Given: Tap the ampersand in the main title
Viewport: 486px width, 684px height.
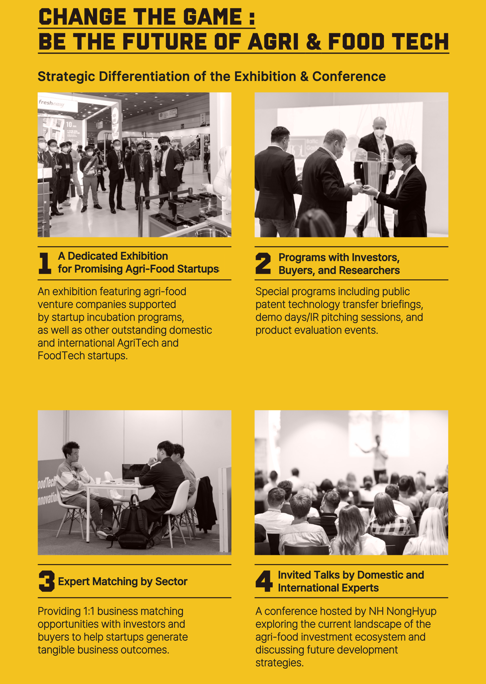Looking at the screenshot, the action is coord(313,42).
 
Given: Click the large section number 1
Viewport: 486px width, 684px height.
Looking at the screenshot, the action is coord(45,263).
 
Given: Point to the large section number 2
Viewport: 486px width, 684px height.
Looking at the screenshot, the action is coord(263,263).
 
